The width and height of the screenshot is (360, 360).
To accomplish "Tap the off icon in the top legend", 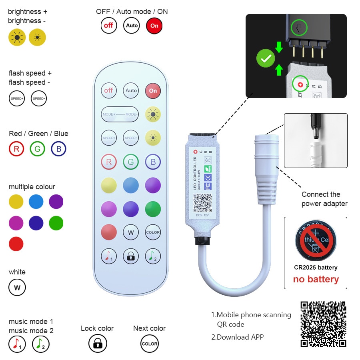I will (x=108, y=26).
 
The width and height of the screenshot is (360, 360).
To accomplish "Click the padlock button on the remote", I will (x=131, y=256).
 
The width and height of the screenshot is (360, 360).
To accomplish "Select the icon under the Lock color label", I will (x=98, y=344).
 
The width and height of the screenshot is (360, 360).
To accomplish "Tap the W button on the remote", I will (x=131, y=232).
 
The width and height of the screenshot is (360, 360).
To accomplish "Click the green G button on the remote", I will (x=131, y=162).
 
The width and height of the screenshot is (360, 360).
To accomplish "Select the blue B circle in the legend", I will (x=58, y=149).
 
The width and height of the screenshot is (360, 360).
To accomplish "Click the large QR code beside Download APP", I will (x=323, y=324).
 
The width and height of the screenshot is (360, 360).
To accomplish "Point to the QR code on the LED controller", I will (x=203, y=203).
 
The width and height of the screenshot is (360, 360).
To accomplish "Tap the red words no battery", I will (x=316, y=279).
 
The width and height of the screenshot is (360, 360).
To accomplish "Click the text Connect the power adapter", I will (x=324, y=199).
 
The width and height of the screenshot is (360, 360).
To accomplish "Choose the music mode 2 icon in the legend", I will (x=40, y=344).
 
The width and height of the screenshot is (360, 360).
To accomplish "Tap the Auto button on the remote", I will (x=131, y=90).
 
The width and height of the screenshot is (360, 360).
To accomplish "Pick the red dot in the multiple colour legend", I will (x=16, y=244).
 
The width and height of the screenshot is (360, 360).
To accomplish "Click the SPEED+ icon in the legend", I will (x=17, y=98).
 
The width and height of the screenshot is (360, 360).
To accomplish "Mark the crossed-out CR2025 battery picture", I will (x=316, y=241).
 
